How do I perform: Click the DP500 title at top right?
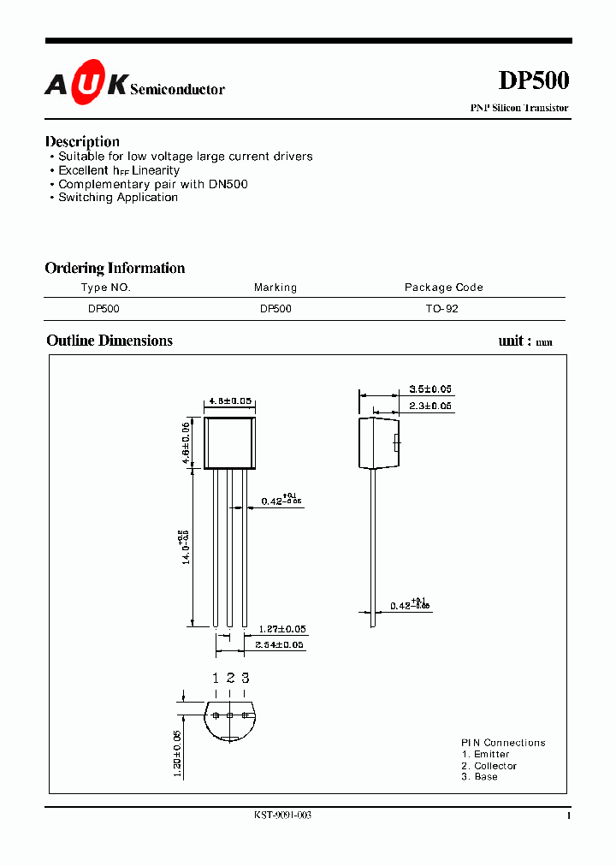pyautogui.click(x=533, y=80)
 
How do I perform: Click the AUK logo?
pyautogui.click(x=86, y=84)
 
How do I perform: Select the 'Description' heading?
pyautogui.click(x=82, y=141)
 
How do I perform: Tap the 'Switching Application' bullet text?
pyautogui.click(x=118, y=198)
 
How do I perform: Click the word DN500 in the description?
pyautogui.click(x=228, y=184)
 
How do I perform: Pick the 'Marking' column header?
pyautogui.click(x=275, y=288)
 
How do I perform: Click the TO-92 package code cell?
pyautogui.click(x=442, y=309)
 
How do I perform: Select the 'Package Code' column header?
pyautogui.click(x=443, y=288)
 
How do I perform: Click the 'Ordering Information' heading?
pyautogui.click(x=115, y=268)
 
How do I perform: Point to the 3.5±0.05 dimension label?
pyautogui.click(x=430, y=389)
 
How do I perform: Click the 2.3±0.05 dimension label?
pyautogui.click(x=430, y=406)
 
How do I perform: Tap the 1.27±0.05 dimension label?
pyautogui.click(x=282, y=630)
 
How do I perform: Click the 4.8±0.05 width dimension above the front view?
pyautogui.click(x=229, y=400)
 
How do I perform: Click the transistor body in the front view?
pyautogui.click(x=229, y=443)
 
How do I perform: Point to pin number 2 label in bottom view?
pyautogui.click(x=230, y=678)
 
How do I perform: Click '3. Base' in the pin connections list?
pyautogui.click(x=479, y=776)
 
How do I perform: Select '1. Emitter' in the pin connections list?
pyautogui.click(x=485, y=754)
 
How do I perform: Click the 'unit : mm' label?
pyautogui.click(x=525, y=341)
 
